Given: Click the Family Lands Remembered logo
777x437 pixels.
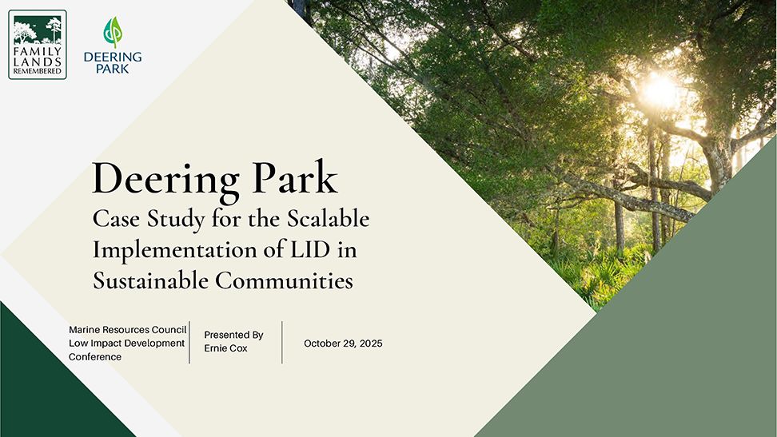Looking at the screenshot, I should (38, 45).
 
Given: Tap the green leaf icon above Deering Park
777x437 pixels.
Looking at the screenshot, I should (113, 33).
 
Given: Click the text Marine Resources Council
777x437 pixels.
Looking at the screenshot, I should (127, 329).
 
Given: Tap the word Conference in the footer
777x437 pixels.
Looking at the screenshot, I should (95, 357).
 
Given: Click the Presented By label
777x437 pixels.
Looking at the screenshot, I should (233, 335).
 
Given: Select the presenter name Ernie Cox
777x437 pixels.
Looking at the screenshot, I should (225, 348).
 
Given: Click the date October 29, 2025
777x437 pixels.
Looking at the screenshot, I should (343, 344).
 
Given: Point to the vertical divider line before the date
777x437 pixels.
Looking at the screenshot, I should (282, 343).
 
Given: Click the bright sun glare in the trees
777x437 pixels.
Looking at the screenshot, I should (660, 89).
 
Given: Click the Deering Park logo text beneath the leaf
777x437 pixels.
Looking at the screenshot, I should (113, 62).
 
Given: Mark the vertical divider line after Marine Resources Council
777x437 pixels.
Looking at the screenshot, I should (189, 343).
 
